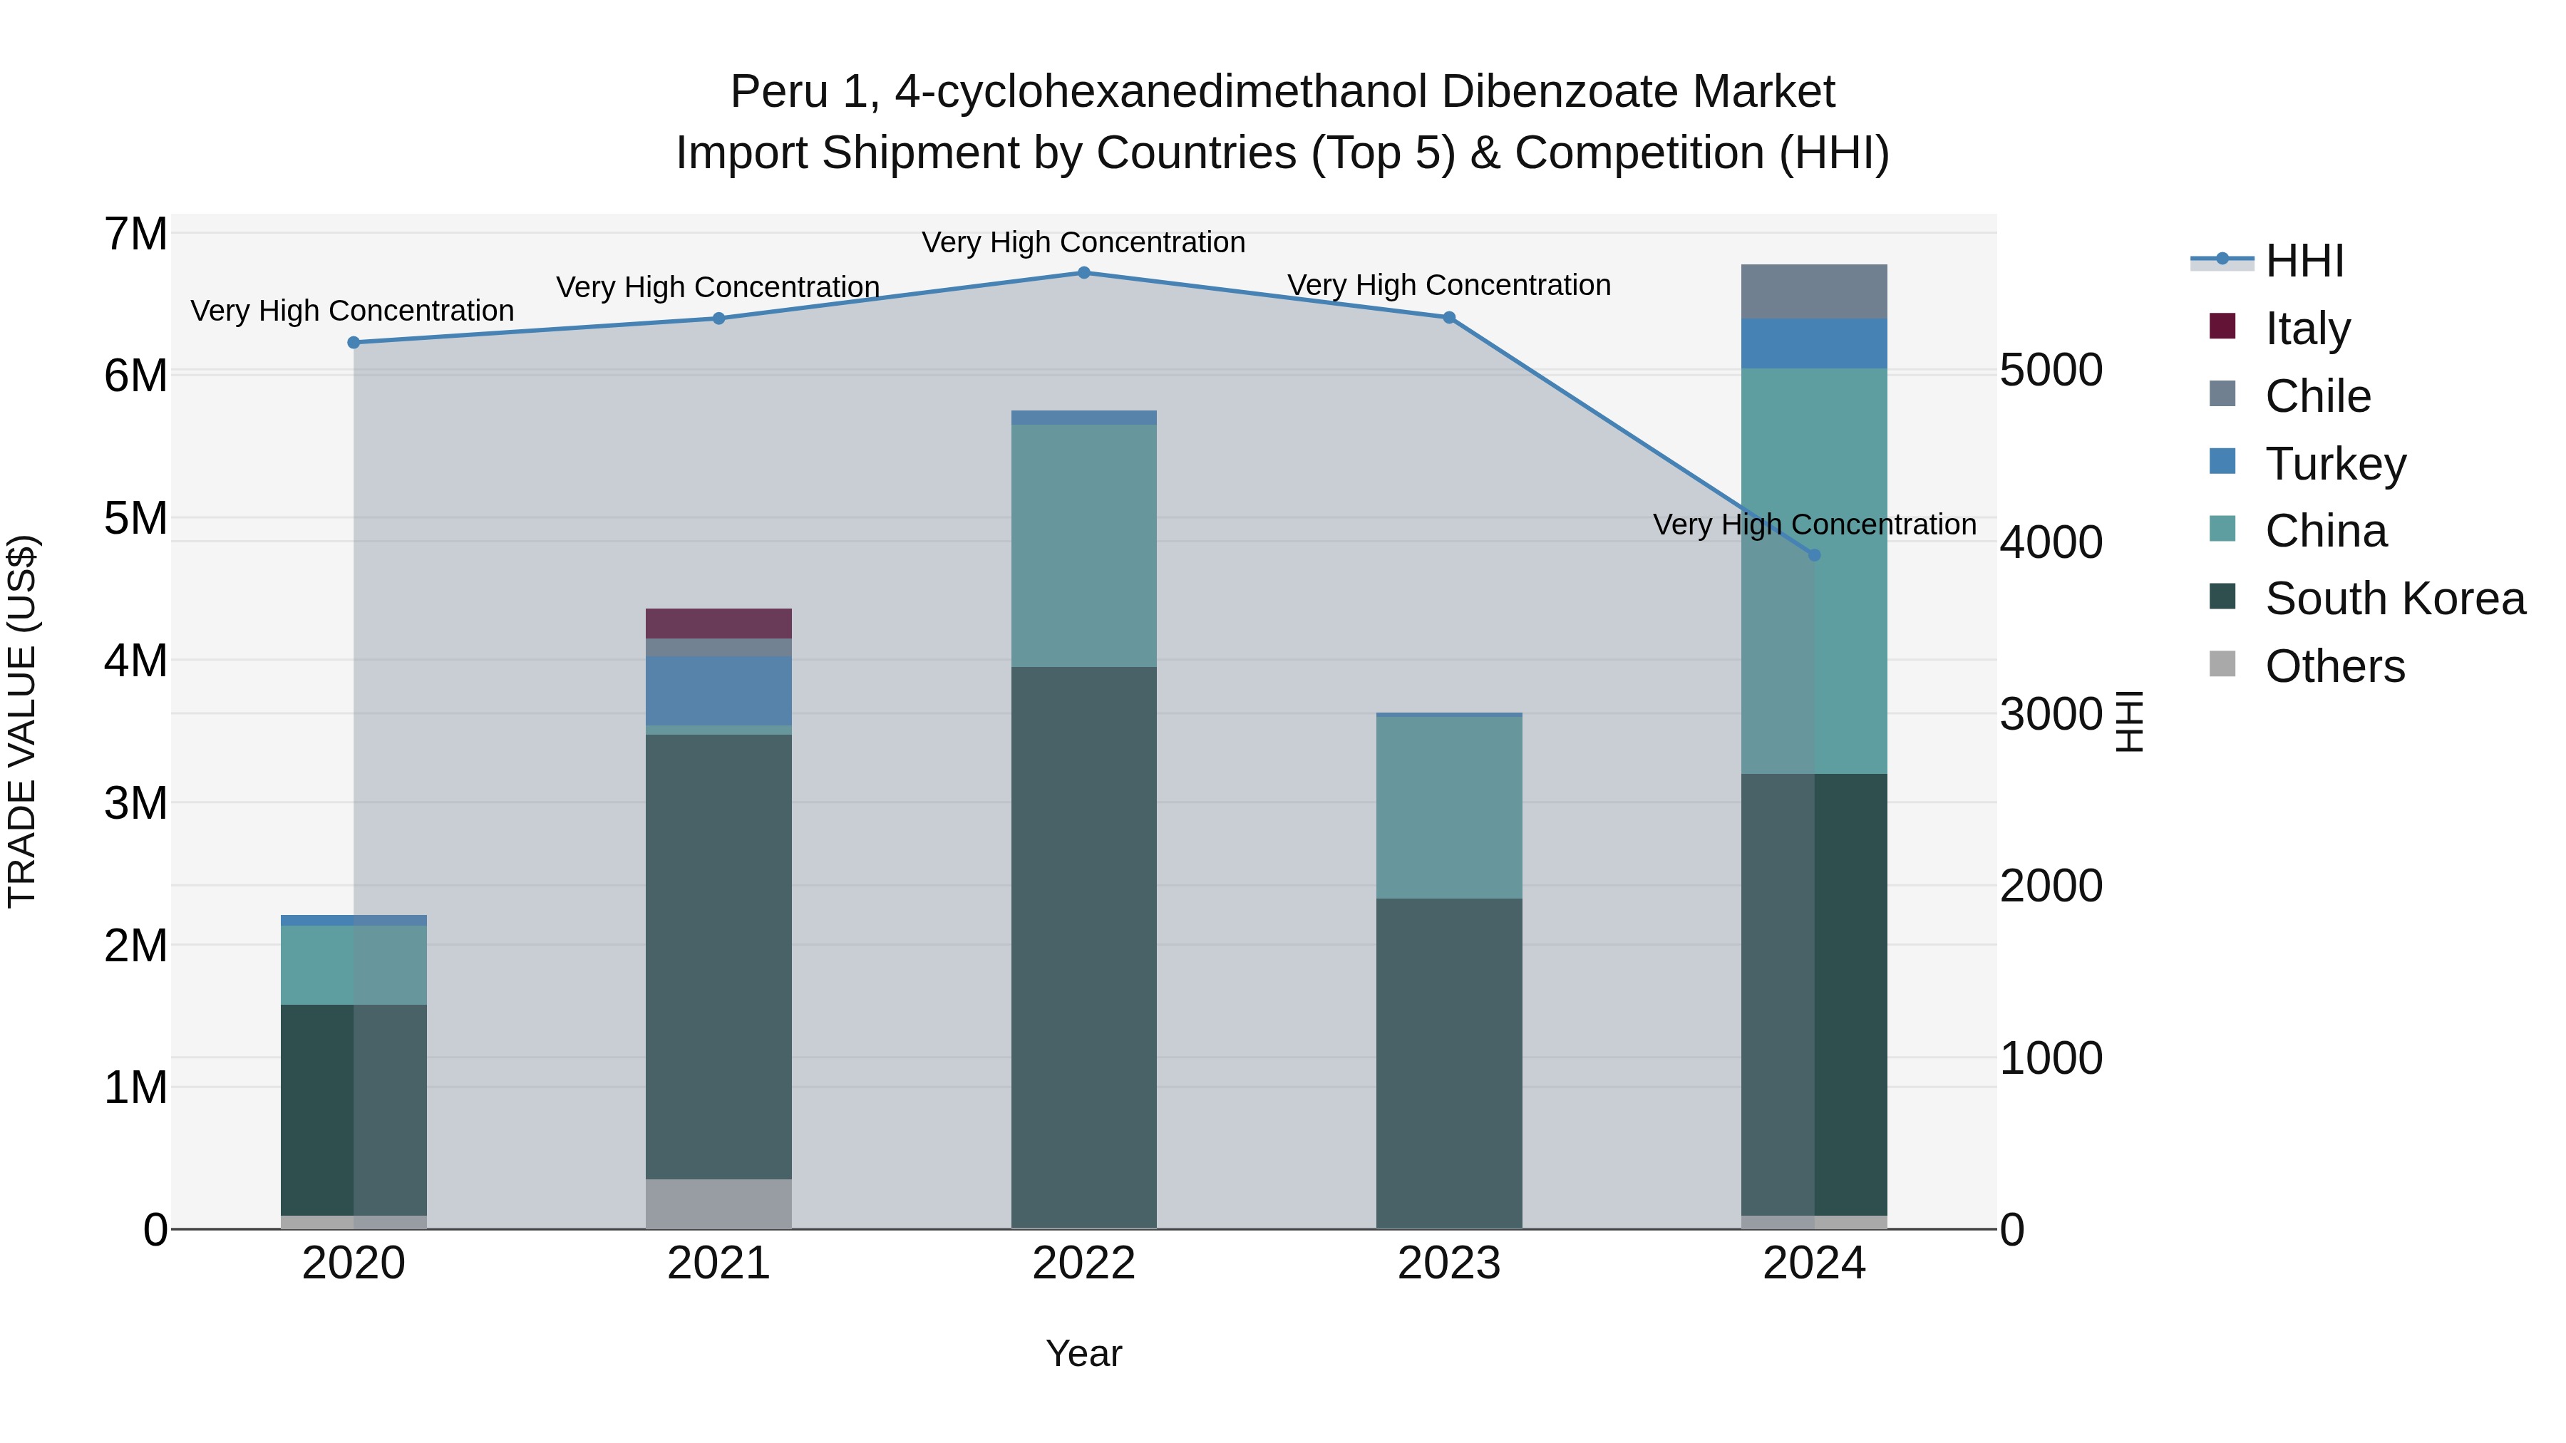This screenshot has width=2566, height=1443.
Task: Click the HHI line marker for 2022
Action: tap(1083, 273)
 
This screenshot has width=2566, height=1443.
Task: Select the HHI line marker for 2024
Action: tap(1814, 554)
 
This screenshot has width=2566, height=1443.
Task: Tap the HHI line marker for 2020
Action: tap(354, 343)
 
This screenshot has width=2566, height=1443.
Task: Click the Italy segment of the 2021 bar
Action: tap(718, 624)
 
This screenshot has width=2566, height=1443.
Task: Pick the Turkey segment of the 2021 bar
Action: tap(718, 690)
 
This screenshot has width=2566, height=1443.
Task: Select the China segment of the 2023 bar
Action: tap(1448, 807)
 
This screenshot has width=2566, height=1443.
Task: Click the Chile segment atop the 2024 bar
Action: tap(1814, 291)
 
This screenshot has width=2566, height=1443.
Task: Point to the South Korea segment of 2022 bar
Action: tap(1083, 946)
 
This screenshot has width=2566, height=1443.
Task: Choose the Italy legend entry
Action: tap(2307, 329)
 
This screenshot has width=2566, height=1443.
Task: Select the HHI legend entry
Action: tap(2303, 261)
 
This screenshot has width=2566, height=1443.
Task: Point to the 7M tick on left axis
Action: tap(135, 235)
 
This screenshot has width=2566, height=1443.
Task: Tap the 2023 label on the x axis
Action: tap(1448, 1263)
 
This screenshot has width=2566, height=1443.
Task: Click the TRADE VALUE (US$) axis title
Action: tap(22, 721)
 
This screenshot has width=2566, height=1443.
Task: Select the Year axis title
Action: tap(1083, 1353)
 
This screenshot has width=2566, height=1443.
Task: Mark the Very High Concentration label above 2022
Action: tap(1083, 242)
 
